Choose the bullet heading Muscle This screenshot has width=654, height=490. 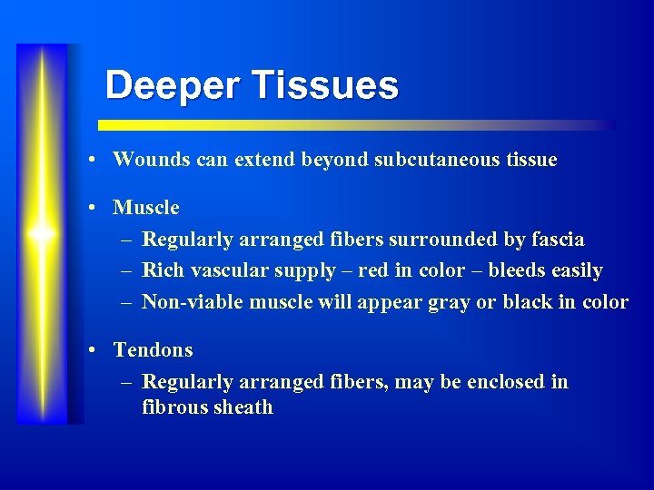(x=146, y=208)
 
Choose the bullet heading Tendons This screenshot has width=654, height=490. (x=153, y=349)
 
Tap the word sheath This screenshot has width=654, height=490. (x=243, y=407)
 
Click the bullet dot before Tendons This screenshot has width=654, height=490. (x=94, y=350)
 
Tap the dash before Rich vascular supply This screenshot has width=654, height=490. (x=125, y=271)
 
